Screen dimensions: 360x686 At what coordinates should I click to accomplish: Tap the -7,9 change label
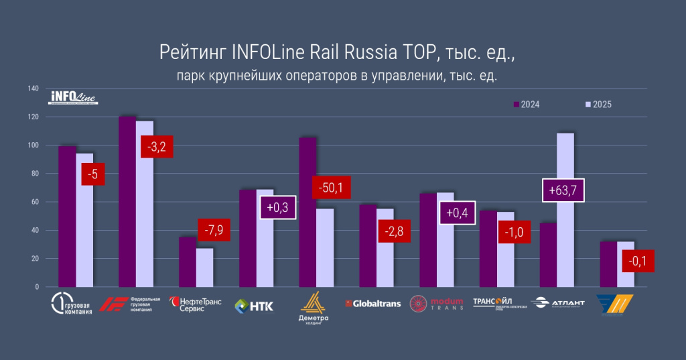coord(214,231)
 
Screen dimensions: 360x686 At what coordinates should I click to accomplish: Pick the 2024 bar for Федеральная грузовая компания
coord(127,201)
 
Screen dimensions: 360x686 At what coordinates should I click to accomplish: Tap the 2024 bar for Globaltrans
coord(368,245)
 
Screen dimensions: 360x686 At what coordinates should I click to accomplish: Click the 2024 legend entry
coord(527,105)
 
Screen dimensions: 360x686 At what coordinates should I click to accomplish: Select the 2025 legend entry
coord(598,105)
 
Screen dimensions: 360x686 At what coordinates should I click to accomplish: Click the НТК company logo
coord(254,306)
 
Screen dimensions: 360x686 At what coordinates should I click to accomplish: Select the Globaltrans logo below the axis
coord(372,304)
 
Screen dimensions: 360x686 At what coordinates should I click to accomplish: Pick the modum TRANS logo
coord(437,304)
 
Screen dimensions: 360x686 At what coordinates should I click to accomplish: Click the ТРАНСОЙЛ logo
coord(496,304)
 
